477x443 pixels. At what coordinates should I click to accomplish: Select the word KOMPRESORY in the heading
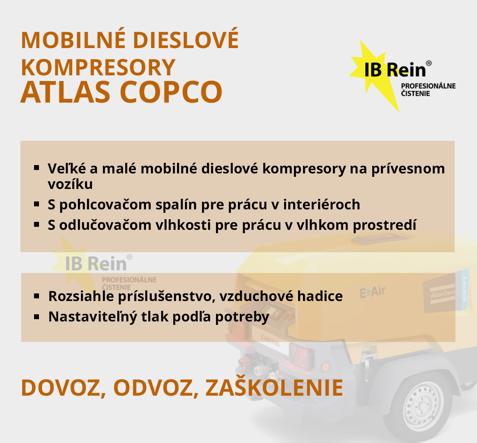[98, 67]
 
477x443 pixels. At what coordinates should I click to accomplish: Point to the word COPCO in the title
[171, 92]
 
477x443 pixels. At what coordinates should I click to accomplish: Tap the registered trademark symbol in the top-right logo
[429, 63]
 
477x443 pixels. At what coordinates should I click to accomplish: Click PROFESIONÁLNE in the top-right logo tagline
[428, 86]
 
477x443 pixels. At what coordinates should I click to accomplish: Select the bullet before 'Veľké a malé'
[37, 167]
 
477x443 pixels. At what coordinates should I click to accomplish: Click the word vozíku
[70, 184]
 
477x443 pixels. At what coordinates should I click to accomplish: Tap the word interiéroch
[322, 204]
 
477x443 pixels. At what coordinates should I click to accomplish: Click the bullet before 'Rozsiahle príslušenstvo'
[37, 296]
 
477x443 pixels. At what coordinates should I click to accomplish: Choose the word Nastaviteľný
[93, 317]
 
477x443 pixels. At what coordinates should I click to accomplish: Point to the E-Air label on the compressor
[372, 292]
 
